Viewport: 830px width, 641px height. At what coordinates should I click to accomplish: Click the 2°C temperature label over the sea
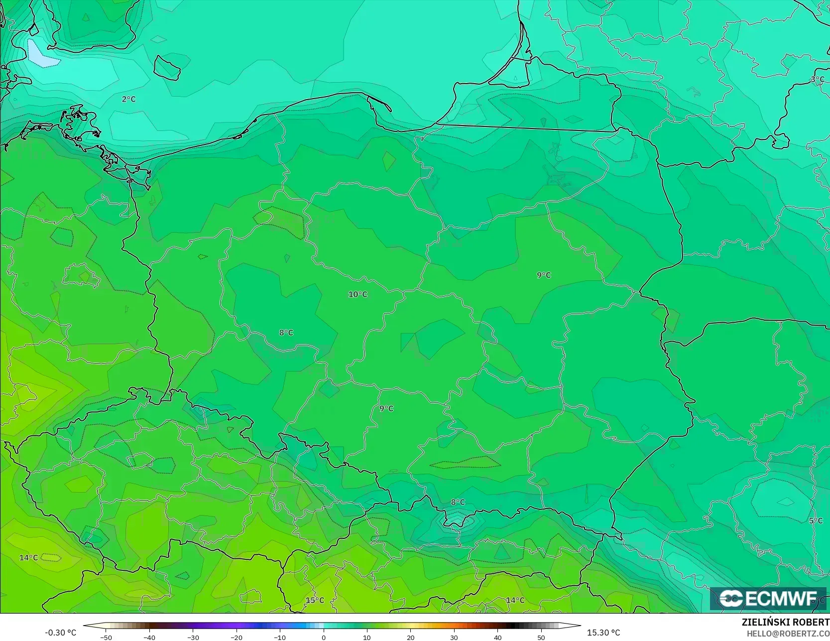[x=128, y=99]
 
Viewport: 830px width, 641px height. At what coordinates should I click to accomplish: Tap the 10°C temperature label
[x=357, y=294]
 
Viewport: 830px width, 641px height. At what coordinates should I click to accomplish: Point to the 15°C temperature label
[x=315, y=600]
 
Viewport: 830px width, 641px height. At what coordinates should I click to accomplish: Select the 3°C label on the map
[x=817, y=80]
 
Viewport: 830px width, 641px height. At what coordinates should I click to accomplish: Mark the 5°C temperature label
[x=816, y=521]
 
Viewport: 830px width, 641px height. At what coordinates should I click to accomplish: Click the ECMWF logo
[x=768, y=599]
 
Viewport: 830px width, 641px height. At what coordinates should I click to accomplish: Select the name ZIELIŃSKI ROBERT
[x=785, y=623]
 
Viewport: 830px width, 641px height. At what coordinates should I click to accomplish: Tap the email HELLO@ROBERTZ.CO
[x=788, y=634]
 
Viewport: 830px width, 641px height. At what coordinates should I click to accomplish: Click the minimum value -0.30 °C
[x=60, y=633]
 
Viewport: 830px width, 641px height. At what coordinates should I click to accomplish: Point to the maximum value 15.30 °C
[x=603, y=633]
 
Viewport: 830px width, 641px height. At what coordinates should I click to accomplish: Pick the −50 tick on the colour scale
[x=106, y=638]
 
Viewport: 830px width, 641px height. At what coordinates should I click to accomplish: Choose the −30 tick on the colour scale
[x=193, y=638]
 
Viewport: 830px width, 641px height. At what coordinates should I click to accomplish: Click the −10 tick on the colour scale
[x=280, y=638]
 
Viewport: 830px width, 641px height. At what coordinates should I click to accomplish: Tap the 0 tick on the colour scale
[x=324, y=638]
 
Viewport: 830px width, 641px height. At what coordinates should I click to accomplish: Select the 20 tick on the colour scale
[x=410, y=638]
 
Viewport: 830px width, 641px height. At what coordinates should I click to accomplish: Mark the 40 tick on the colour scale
[x=497, y=638]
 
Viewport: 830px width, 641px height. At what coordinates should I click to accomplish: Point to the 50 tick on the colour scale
[x=541, y=638]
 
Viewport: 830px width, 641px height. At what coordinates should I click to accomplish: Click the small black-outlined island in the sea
[x=167, y=67]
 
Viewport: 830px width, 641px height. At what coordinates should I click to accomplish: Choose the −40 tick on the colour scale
[x=149, y=638]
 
